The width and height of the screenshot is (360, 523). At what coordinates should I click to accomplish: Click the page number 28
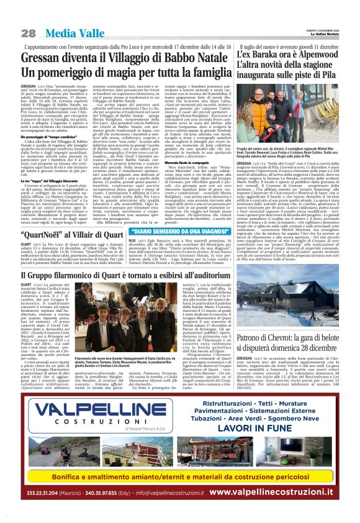[x=29, y=33]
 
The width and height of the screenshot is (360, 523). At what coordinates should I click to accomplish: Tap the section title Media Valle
[x=71, y=33]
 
